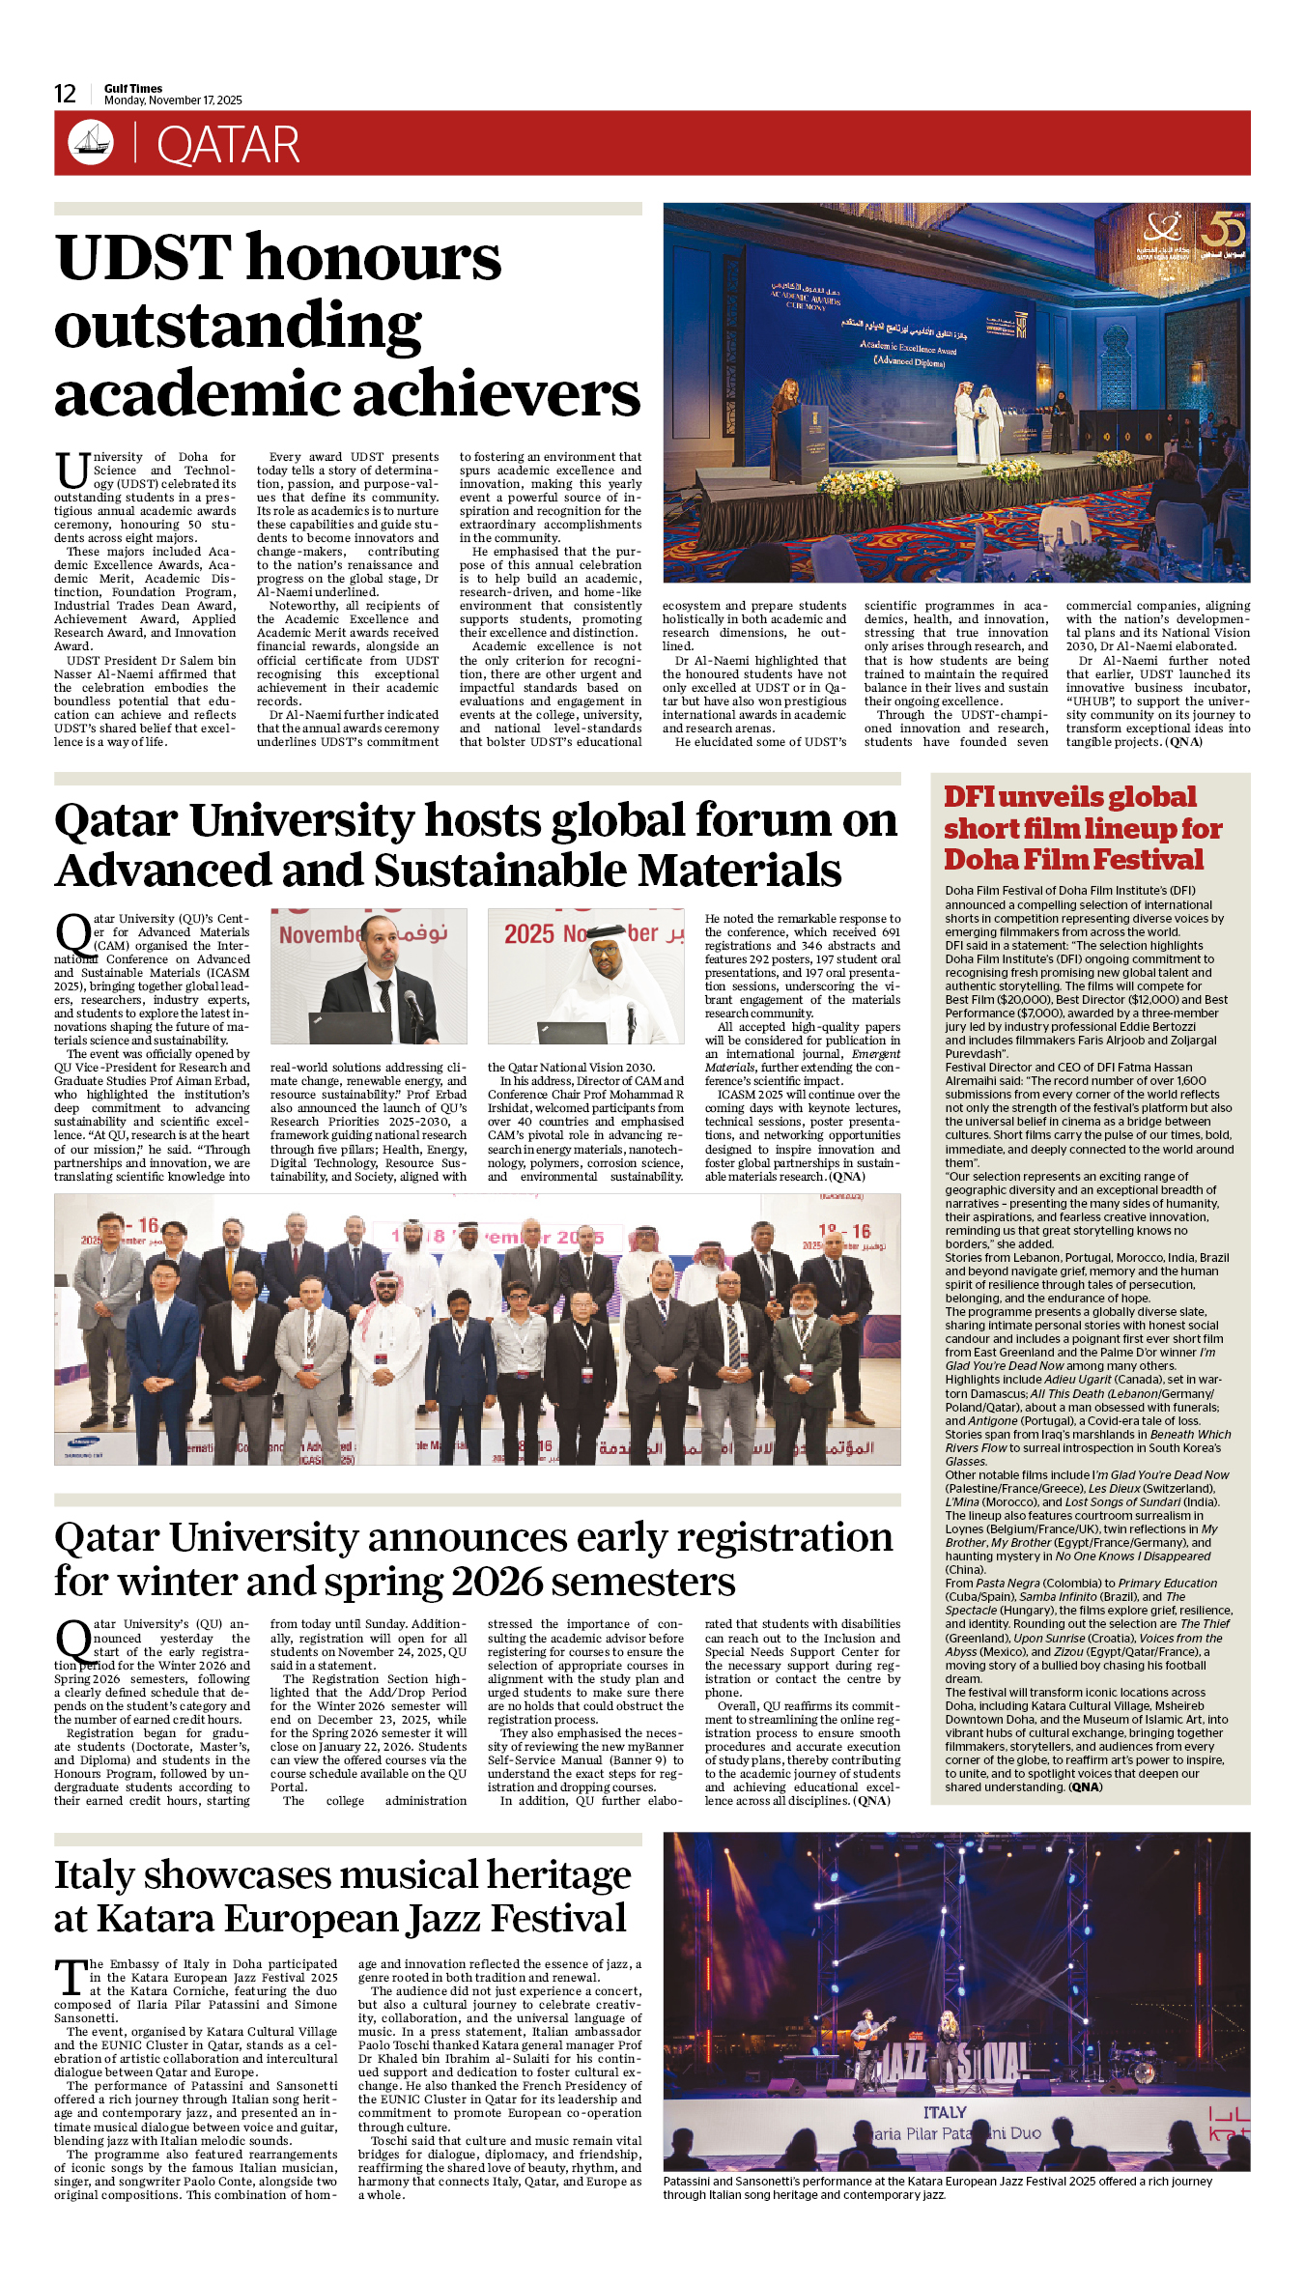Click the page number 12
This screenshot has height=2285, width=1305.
(x=65, y=94)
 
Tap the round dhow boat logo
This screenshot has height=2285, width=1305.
(x=90, y=143)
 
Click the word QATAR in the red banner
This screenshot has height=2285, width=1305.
(x=228, y=145)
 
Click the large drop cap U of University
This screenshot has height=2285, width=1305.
(x=71, y=471)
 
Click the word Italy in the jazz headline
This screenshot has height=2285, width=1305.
(x=95, y=1875)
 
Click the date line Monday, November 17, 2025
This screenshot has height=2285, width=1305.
(x=173, y=100)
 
